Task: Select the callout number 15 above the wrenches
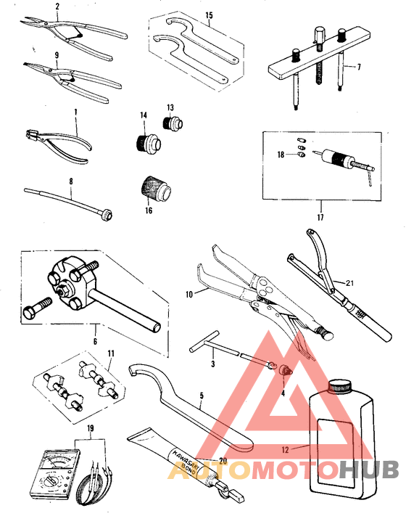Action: click(x=209, y=15)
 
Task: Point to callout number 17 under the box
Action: click(x=320, y=216)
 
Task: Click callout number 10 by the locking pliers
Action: click(x=191, y=293)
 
